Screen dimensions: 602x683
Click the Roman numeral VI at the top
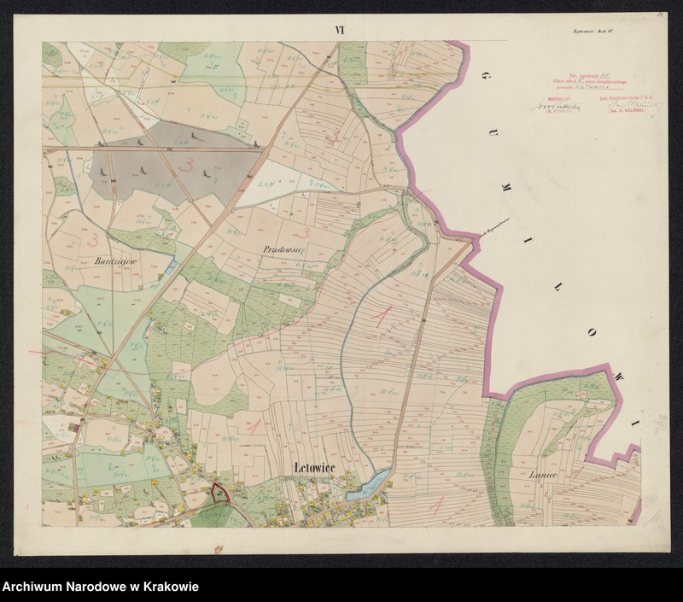coord(340,30)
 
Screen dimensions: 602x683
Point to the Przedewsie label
coord(283,248)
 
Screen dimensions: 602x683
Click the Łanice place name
coord(543,475)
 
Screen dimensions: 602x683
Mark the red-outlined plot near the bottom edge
coord(219,493)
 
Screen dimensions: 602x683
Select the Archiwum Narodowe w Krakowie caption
coord(101,587)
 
